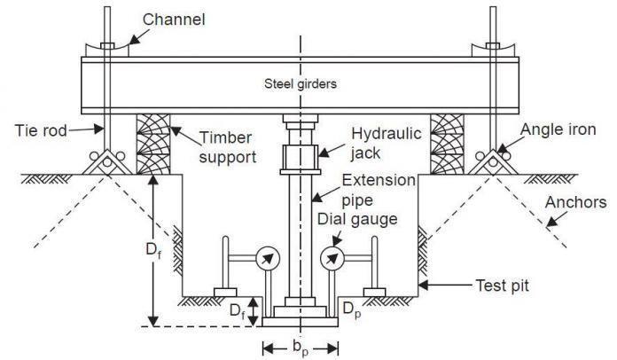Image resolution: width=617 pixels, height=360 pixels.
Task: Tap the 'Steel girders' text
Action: coord(301,85)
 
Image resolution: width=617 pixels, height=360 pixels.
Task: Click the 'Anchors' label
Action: coord(577,203)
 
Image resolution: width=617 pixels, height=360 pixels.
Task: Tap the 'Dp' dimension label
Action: coord(352,310)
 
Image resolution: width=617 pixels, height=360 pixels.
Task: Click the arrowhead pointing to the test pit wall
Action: coord(425,286)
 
